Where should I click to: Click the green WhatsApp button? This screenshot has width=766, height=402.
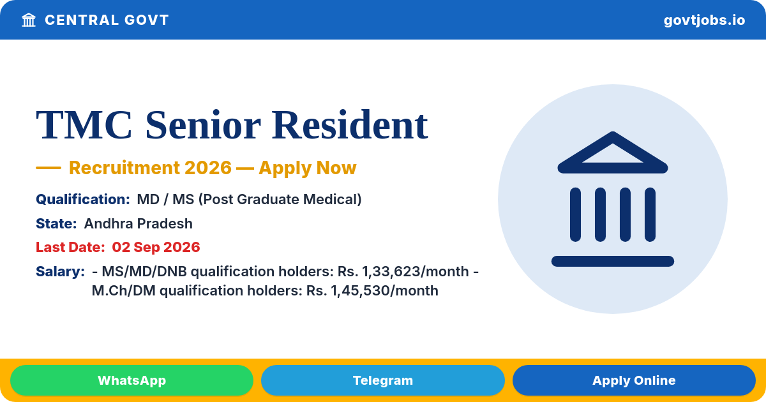click(131, 380)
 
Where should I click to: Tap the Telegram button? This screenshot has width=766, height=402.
click(382, 380)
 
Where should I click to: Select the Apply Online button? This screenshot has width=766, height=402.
click(634, 380)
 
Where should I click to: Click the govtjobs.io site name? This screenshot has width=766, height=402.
click(704, 20)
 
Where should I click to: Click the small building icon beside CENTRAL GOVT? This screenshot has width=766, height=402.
click(29, 20)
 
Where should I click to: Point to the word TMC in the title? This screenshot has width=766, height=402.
click(84, 125)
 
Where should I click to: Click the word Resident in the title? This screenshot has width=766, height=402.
click(350, 125)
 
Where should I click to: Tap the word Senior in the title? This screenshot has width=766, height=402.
click(203, 125)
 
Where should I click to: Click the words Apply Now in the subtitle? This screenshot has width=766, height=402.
click(308, 167)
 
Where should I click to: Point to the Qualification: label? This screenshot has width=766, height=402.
click(83, 199)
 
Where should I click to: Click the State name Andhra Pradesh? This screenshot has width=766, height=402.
click(138, 223)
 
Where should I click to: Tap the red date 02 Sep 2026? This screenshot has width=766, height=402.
click(156, 247)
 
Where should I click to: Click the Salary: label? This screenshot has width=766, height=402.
click(60, 271)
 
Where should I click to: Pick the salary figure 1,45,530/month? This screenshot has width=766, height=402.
click(384, 290)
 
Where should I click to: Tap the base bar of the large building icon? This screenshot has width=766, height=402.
click(613, 261)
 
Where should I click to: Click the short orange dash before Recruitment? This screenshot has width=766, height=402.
click(49, 167)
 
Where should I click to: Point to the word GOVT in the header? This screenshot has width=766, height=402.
click(146, 20)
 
